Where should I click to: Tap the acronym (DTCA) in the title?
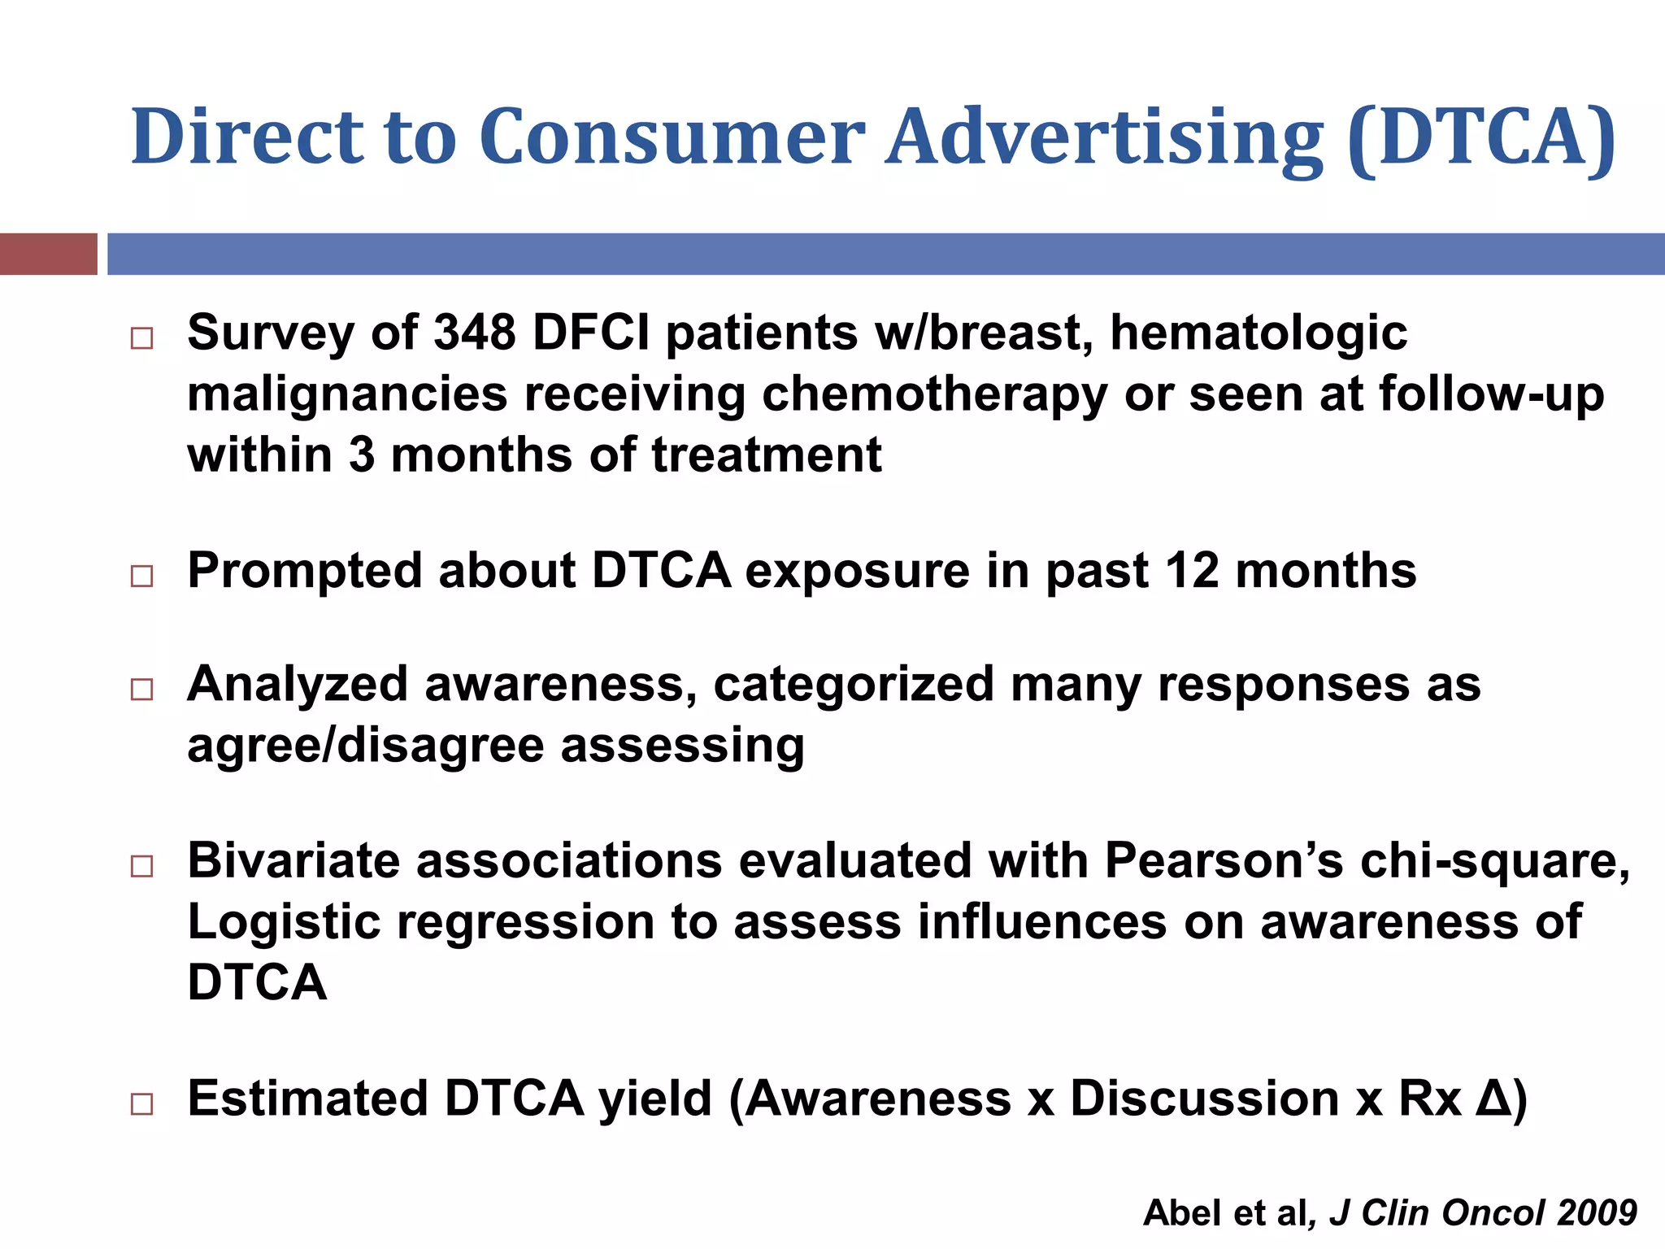coord(1480,137)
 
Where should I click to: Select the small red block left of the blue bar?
coord(48,254)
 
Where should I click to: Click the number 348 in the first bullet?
coord(475,333)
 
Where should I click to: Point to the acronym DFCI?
coord(591,333)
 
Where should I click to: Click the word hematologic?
coord(1259,333)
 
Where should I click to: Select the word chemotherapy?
coord(934,395)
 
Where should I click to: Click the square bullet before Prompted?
coord(141,577)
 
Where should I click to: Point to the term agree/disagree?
coord(365,746)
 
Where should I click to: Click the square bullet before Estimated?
coord(141,1104)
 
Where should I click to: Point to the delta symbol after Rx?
coord(1493,1099)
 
